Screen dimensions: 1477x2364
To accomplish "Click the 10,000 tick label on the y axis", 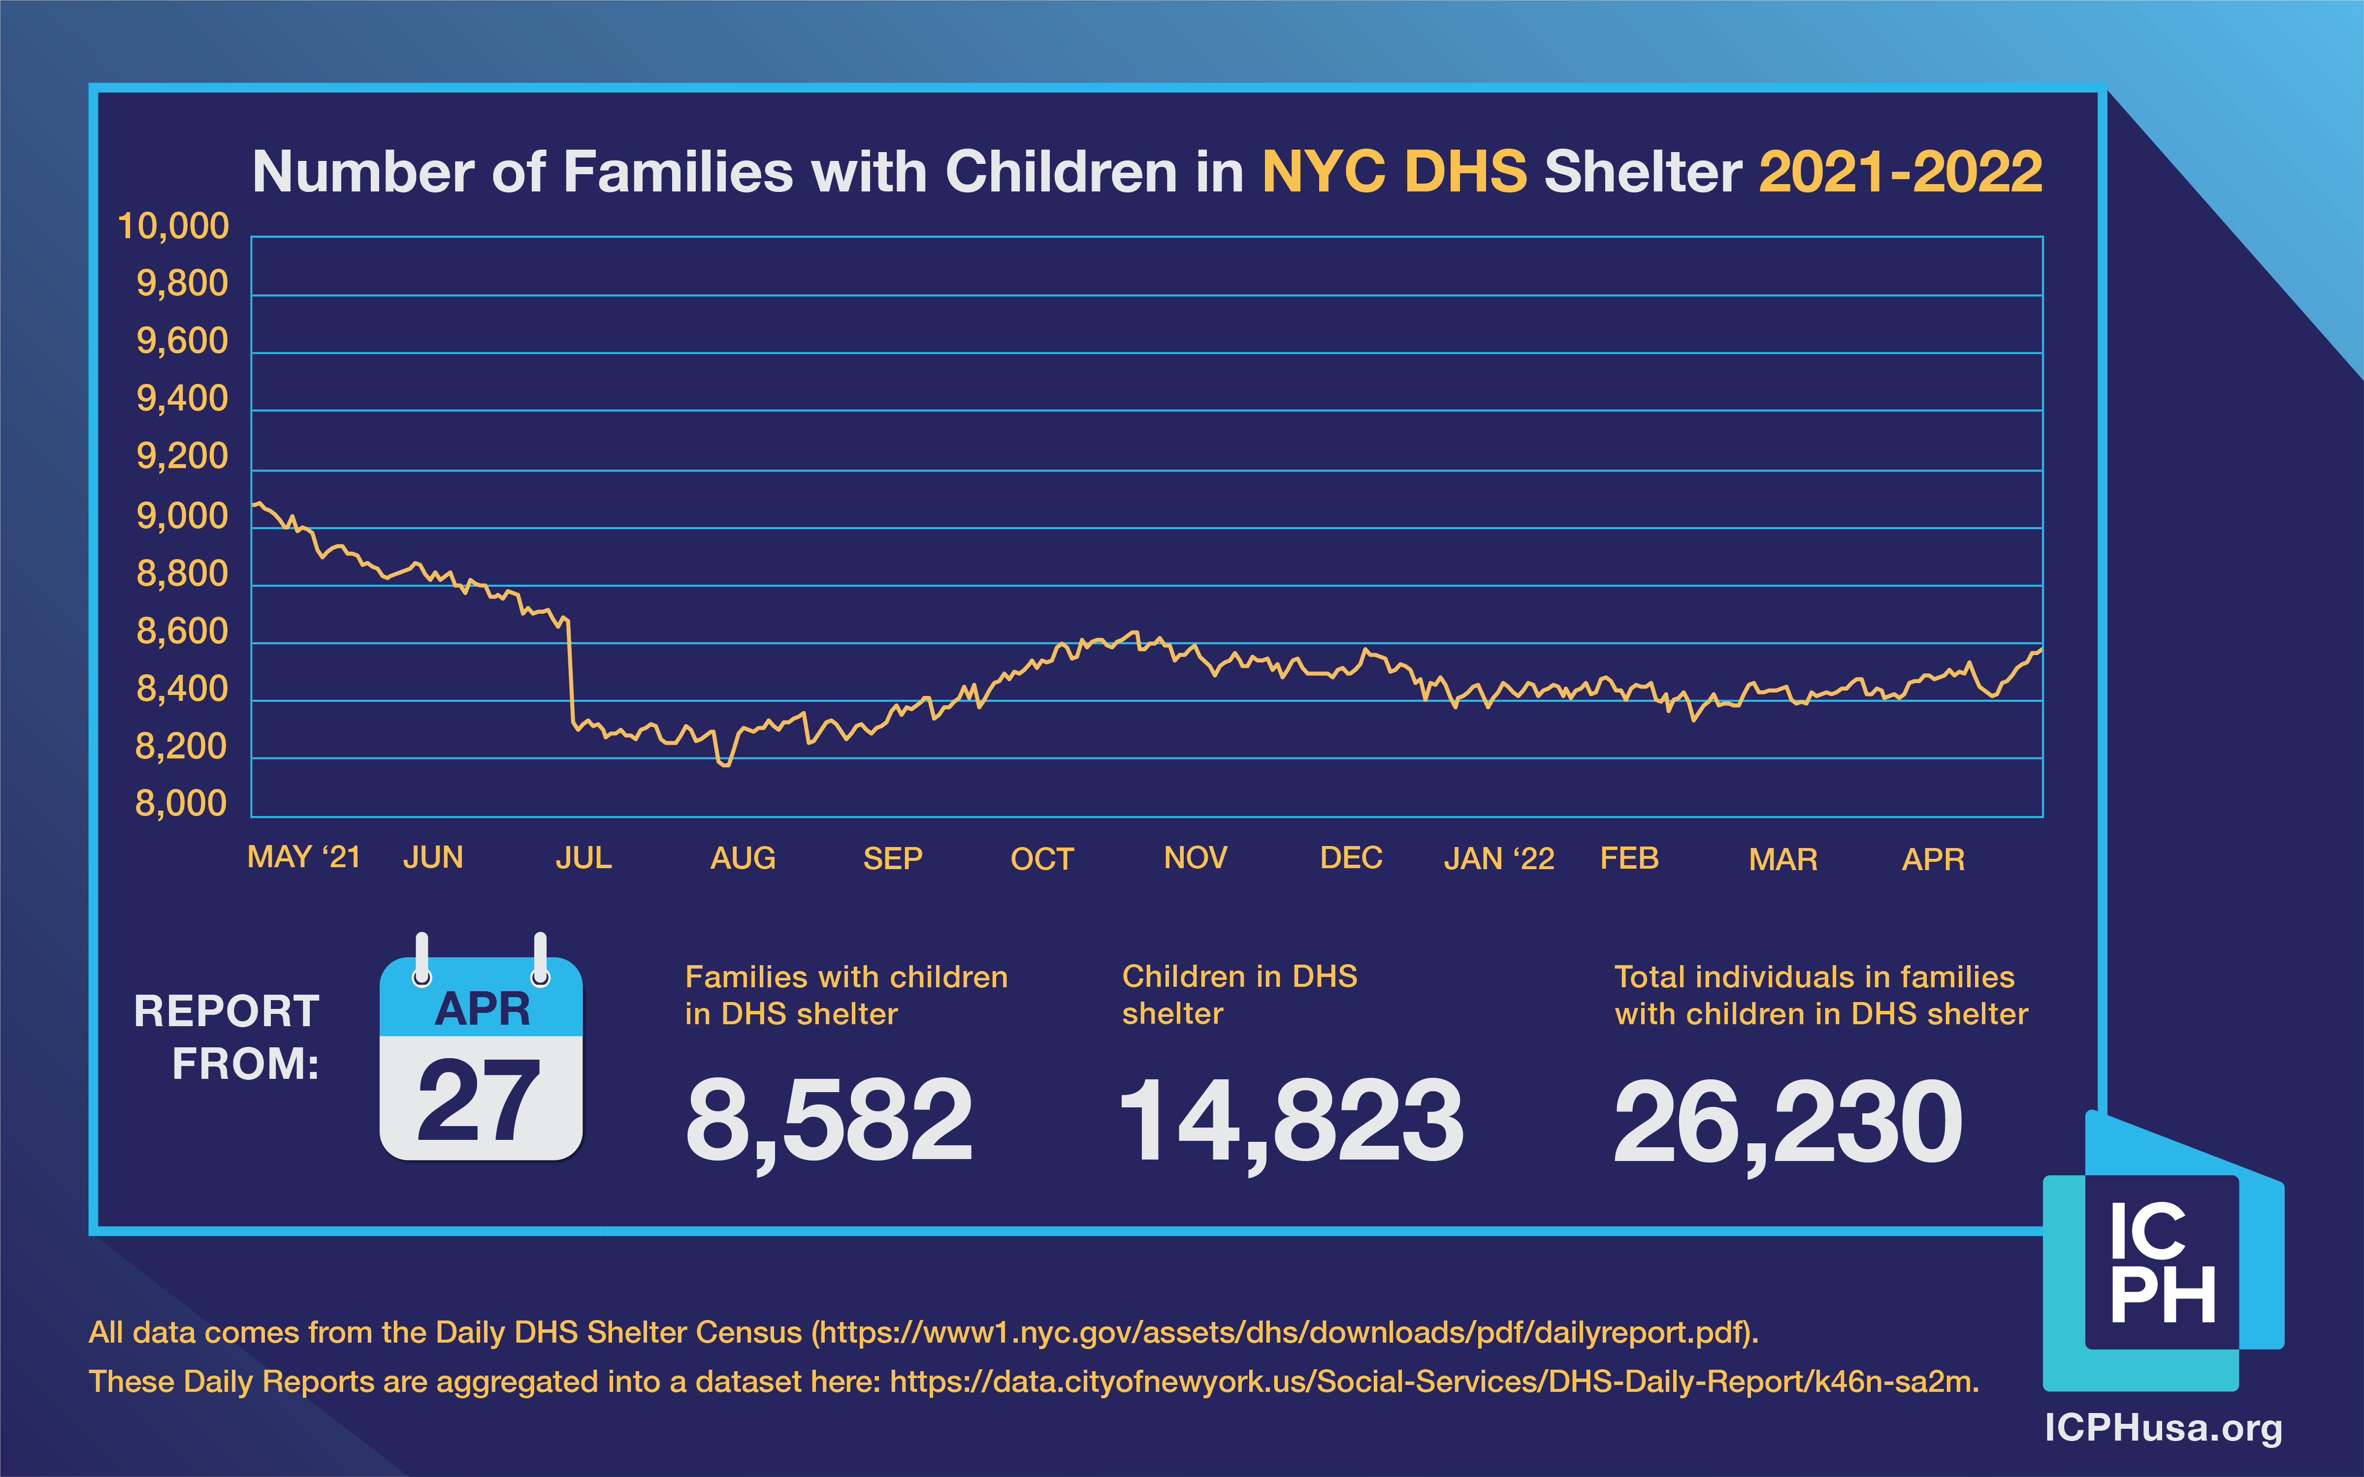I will pyautogui.click(x=173, y=226).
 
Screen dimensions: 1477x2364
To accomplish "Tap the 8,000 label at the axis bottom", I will pyautogui.click(x=181, y=804).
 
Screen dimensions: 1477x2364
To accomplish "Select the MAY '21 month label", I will pyautogui.click(x=304, y=858).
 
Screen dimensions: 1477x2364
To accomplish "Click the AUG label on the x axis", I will pyautogui.click(x=743, y=859).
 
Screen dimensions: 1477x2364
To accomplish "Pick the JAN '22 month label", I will pyautogui.click(x=1499, y=859).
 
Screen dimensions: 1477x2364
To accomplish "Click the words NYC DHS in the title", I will pyautogui.click(x=1394, y=173).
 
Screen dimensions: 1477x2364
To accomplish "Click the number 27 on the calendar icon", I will pyautogui.click(x=479, y=1102).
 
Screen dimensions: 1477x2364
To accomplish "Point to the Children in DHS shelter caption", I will pyautogui.click(x=1239, y=995).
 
